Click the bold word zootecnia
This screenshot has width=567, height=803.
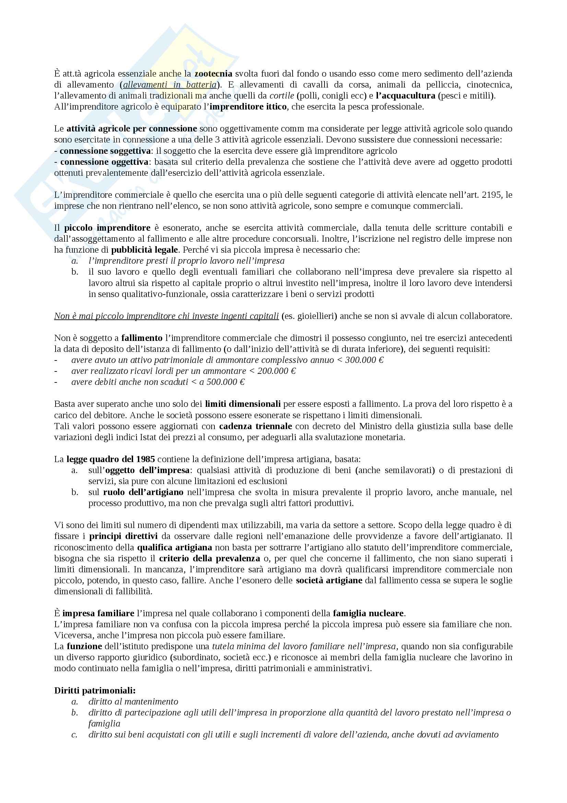[x=213, y=73]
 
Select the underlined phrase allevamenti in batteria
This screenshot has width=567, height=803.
[x=170, y=85]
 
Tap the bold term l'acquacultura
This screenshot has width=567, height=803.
[x=405, y=95]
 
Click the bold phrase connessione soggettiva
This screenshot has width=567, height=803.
[x=105, y=151]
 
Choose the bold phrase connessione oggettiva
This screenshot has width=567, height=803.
[x=105, y=162]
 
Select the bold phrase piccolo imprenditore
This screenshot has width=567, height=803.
[x=107, y=228]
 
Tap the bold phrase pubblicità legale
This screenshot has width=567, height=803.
[x=145, y=250]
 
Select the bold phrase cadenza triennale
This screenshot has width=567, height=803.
[x=256, y=426]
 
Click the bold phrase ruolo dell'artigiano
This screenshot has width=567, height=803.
[x=143, y=492]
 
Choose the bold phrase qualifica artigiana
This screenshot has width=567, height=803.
[x=175, y=547]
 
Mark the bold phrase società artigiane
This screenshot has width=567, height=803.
[x=329, y=580]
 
